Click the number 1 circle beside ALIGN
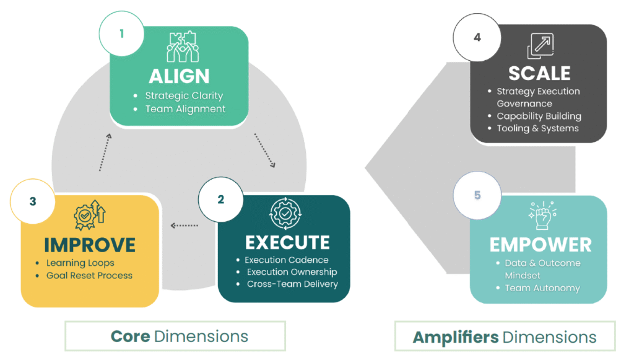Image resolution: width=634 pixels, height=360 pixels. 122,33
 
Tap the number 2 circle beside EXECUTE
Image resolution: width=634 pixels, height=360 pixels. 221,199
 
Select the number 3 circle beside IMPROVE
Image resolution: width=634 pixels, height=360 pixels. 33,201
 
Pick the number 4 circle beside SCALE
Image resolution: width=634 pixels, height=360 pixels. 477,37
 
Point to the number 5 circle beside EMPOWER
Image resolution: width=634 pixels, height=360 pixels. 477,195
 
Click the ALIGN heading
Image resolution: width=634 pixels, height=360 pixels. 179,76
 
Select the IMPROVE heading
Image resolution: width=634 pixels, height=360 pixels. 90,244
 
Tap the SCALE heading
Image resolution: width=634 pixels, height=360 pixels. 539,72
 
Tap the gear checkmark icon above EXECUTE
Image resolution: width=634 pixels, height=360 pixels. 284,214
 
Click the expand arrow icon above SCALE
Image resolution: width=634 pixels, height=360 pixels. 540,46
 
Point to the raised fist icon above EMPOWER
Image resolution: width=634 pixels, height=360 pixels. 540,214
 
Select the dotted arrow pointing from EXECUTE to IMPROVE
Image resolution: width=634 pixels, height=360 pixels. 185,226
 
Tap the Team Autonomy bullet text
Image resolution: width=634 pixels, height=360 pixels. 542,288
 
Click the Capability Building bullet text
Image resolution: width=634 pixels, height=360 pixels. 539,116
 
